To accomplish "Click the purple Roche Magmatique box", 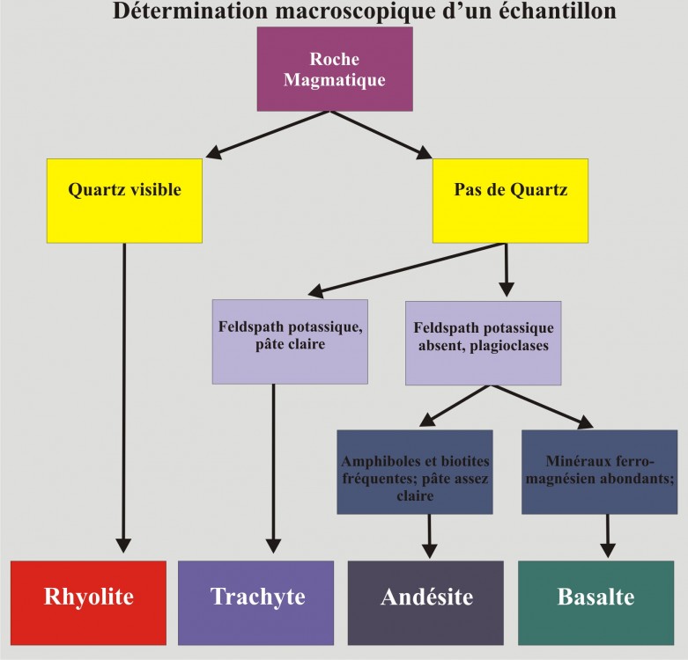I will tap(335, 69).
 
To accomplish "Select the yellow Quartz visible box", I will tap(124, 200).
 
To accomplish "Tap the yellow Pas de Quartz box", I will tap(510, 200).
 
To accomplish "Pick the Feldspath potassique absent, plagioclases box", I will tap(482, 342).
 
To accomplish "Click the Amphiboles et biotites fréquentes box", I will tap(414, 471).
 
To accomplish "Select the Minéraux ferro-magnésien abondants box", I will tap(598, 471).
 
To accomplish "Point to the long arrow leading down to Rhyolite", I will tap(124, 396).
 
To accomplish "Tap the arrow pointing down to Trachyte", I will tap(274, 466).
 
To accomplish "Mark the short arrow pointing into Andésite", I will tap(430, 535).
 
